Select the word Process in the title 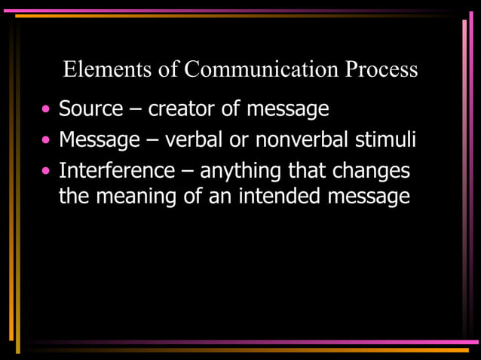(x=381, y=70)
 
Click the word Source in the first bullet (x=90, y=109)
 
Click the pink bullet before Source (x=47, y=110)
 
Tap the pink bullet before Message (x=47, y=141)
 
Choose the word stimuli (x=389, y=140)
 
